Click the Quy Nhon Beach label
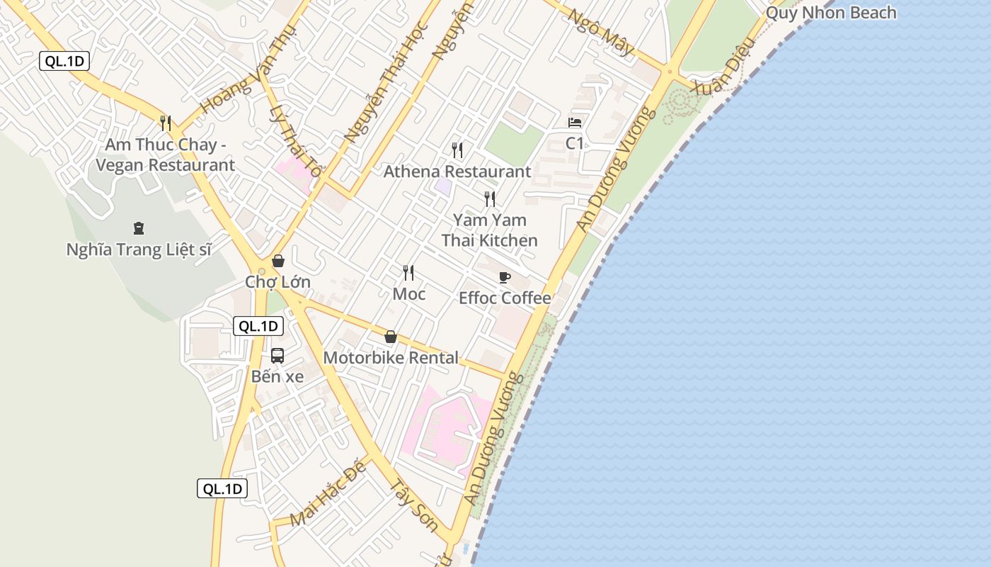831,13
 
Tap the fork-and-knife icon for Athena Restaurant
457,150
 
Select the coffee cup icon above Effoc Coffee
505,277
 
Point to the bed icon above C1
575,123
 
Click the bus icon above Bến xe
277,356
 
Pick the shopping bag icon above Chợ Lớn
278,261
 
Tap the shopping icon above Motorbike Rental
390,337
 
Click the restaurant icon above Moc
408,273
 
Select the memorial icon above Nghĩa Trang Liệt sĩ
138,228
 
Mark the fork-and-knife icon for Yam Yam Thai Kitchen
489,199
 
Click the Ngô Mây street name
601,33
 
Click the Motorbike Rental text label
391,358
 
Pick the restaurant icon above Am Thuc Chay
166,123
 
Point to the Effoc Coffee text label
505,298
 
